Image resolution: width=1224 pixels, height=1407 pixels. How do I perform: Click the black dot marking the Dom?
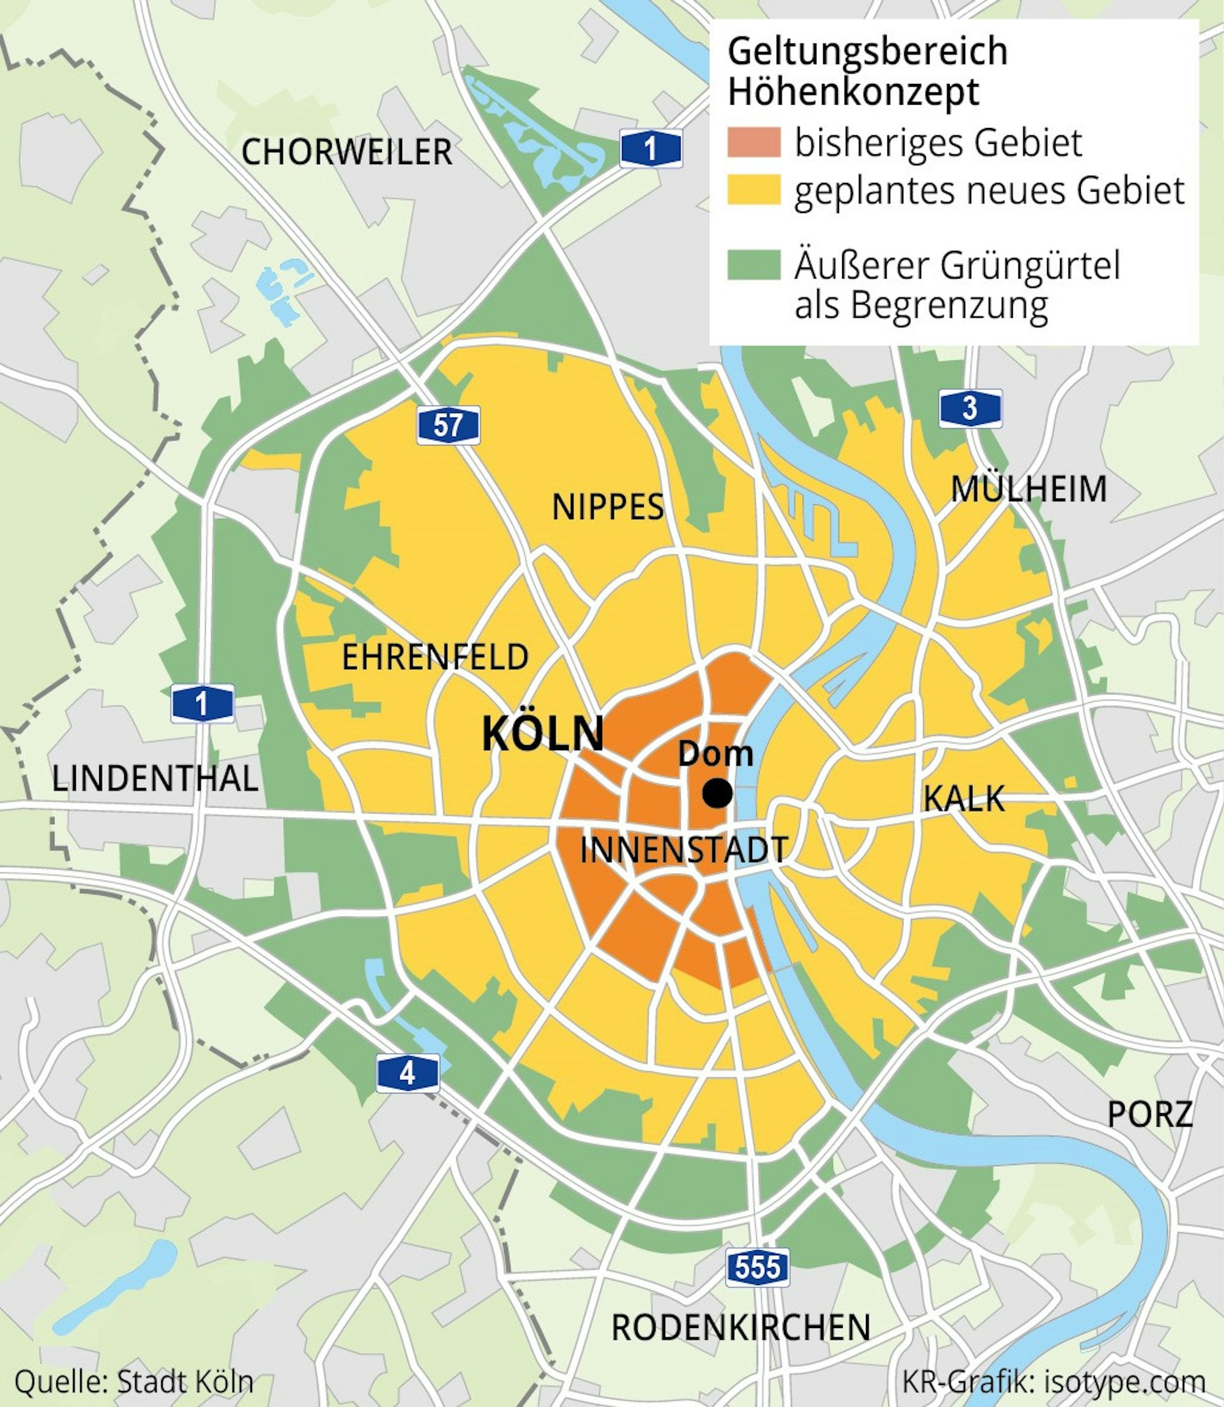click(x=718, y=794)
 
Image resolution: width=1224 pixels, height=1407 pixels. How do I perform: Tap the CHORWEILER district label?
click(x=346, y=152)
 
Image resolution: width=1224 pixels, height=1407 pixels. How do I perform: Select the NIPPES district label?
click(x=607, y=507)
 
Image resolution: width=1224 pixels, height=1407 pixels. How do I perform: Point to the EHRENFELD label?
click(x=435, y=658)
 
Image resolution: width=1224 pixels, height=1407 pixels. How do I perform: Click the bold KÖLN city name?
click(x=543, y=734)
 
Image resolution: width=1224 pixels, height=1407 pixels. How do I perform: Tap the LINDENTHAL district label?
click(x=155, y=779)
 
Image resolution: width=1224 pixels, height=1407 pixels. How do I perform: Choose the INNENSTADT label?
click(x=684, y=850)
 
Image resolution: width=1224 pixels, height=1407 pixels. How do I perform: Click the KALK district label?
click(x=964, y=798)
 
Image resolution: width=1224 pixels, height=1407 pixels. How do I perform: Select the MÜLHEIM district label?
click(x=1029, y=489)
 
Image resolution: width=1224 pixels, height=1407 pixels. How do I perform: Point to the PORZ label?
click(x=1149, y=1114)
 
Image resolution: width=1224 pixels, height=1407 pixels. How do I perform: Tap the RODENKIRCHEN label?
click(x=741, y=1327)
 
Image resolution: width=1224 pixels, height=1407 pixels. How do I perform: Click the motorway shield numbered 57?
click(x=448, y=425)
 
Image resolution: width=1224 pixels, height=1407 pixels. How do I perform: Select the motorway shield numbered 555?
click(x=758, y=1267)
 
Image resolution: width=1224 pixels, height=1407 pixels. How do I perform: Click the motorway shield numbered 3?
click(x=970, y=408)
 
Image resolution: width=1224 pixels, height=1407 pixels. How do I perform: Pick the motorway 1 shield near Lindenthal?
click(x=202, y=703)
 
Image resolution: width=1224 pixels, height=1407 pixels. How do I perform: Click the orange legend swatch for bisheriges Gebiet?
click(x=753, y=142)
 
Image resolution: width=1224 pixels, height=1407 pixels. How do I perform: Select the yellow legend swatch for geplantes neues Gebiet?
click(x=753, y=190)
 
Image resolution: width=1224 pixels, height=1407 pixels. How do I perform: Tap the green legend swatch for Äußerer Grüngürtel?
click(x=753, y=265)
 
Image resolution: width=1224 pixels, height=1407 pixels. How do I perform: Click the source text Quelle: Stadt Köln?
click(x=134, y=1382)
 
